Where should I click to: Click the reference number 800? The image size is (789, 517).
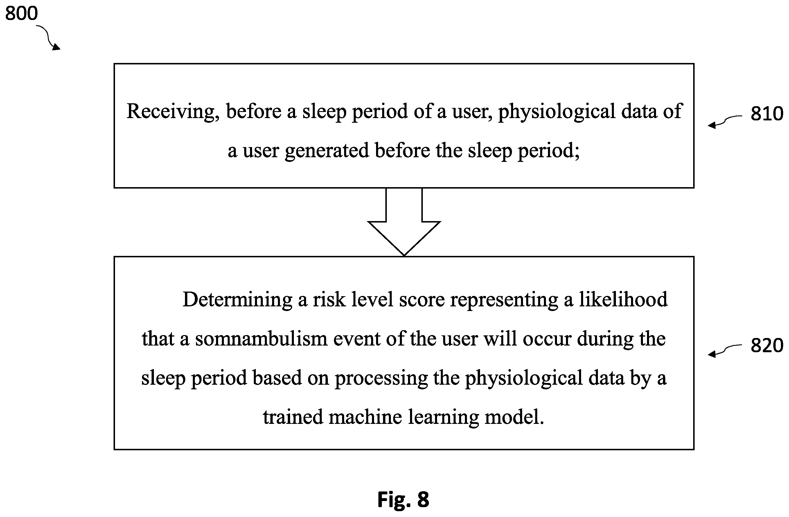tap(21, 14)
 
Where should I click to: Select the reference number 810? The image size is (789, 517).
tap(767, 114)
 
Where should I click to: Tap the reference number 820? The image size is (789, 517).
tap(767, 346)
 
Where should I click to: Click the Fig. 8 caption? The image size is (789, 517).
tap(403, 499)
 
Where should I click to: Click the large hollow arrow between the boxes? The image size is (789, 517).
tap(404, 222)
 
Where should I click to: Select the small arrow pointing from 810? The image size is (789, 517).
tap(725, 121)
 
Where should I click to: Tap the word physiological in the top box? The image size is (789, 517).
tap(557, 112)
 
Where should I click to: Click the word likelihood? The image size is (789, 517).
tap(623, 299)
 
